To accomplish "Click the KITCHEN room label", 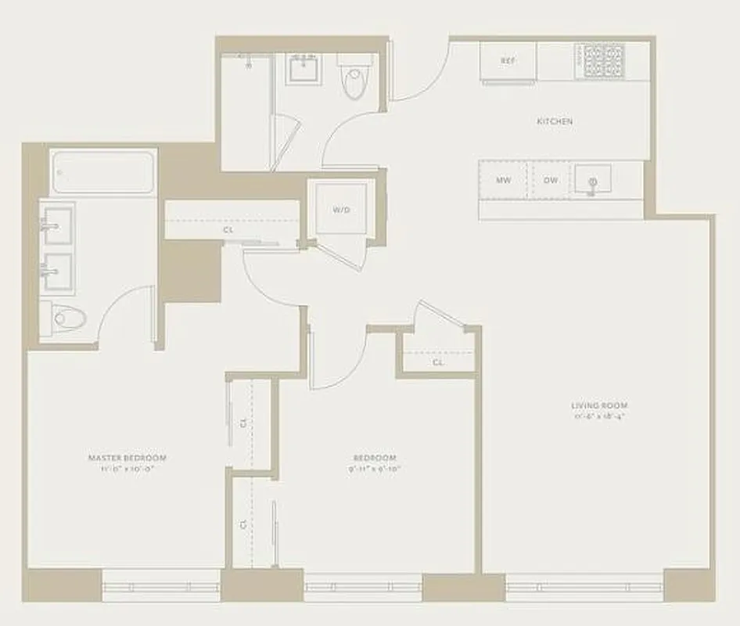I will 554,121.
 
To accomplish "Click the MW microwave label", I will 504,180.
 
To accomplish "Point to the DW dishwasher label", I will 551,180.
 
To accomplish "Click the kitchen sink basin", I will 593,181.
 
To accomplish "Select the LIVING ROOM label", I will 599,405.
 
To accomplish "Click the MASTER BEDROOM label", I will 128,458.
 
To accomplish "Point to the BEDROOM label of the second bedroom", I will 374,458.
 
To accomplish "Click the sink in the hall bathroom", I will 304,71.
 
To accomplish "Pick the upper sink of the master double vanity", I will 56,225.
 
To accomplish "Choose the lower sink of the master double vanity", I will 56,270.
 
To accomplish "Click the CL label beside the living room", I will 438,363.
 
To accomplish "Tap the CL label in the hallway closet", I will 228,231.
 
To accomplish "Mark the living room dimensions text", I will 599,416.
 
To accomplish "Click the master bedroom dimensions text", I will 128,469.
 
